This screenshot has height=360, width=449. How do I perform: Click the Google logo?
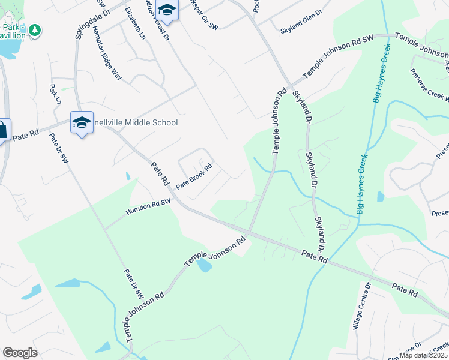(20, 353)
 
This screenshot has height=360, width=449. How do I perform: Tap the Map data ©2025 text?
(424, 355)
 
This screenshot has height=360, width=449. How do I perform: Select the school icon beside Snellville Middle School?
(81, 123)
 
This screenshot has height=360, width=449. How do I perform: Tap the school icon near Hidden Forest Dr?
(167, 11)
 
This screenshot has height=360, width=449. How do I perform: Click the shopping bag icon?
(2, 130)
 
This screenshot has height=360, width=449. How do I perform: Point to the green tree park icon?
(35, 29)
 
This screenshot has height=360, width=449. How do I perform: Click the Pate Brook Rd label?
(194, 177)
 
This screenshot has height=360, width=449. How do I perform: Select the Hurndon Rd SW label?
(148, 207)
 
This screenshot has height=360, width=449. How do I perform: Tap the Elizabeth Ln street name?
(135, 24)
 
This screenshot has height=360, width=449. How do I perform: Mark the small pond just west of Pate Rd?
(128, 176)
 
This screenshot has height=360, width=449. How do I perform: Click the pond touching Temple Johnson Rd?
(204, 265)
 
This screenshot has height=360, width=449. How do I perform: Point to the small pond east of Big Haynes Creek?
(381, 196)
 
